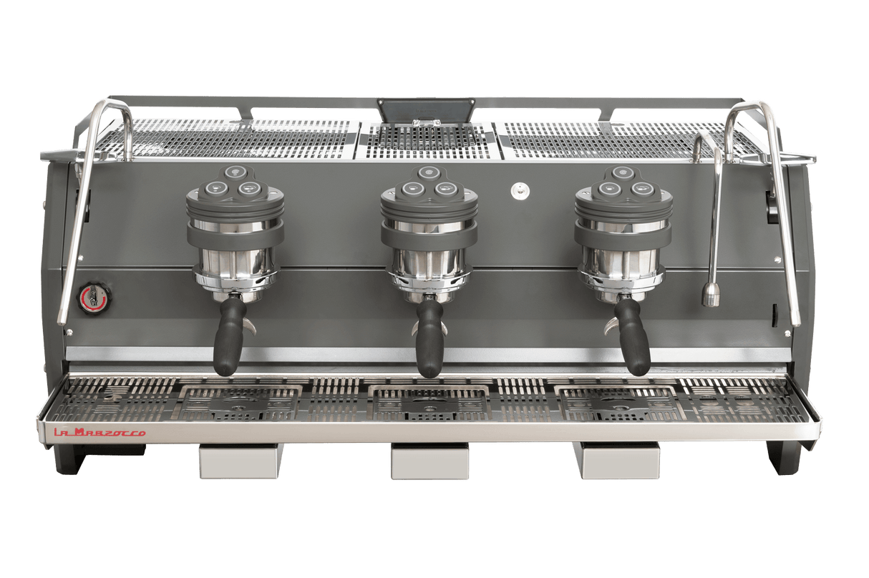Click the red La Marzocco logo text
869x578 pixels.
tap(101, 433)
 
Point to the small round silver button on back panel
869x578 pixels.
tap(518, 190)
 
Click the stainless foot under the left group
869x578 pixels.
tap(240, 461)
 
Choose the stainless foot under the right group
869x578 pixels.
tap(621, 461)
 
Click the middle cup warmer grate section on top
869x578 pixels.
tap(427, 139)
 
